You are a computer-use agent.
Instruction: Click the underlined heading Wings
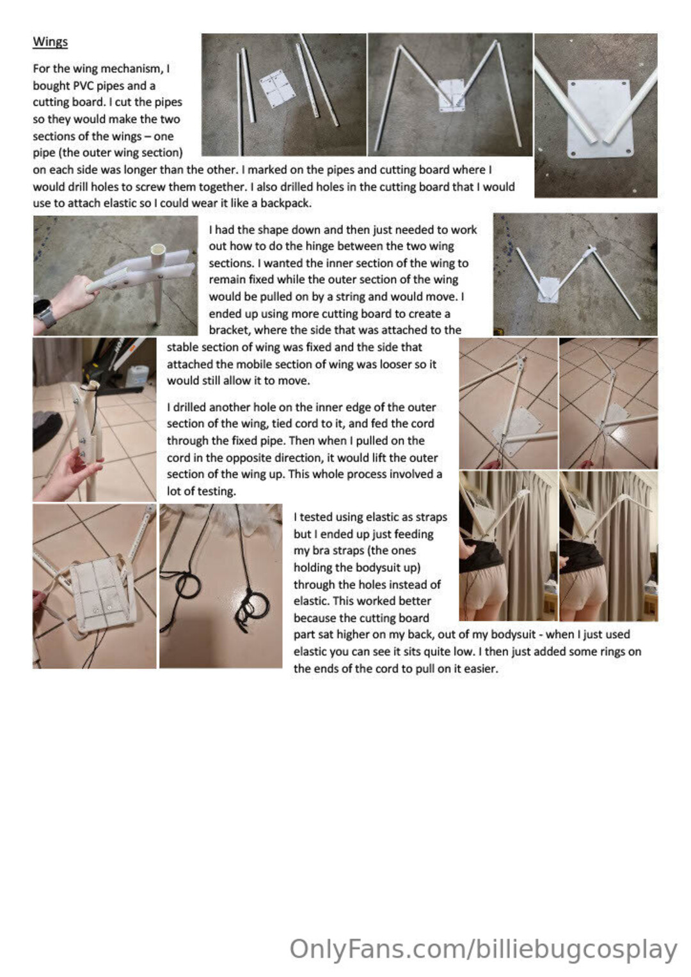[x=50, y=42]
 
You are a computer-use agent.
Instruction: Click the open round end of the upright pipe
[x=157, y=251]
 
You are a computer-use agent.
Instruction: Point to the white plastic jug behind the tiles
[x=138, y=375]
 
